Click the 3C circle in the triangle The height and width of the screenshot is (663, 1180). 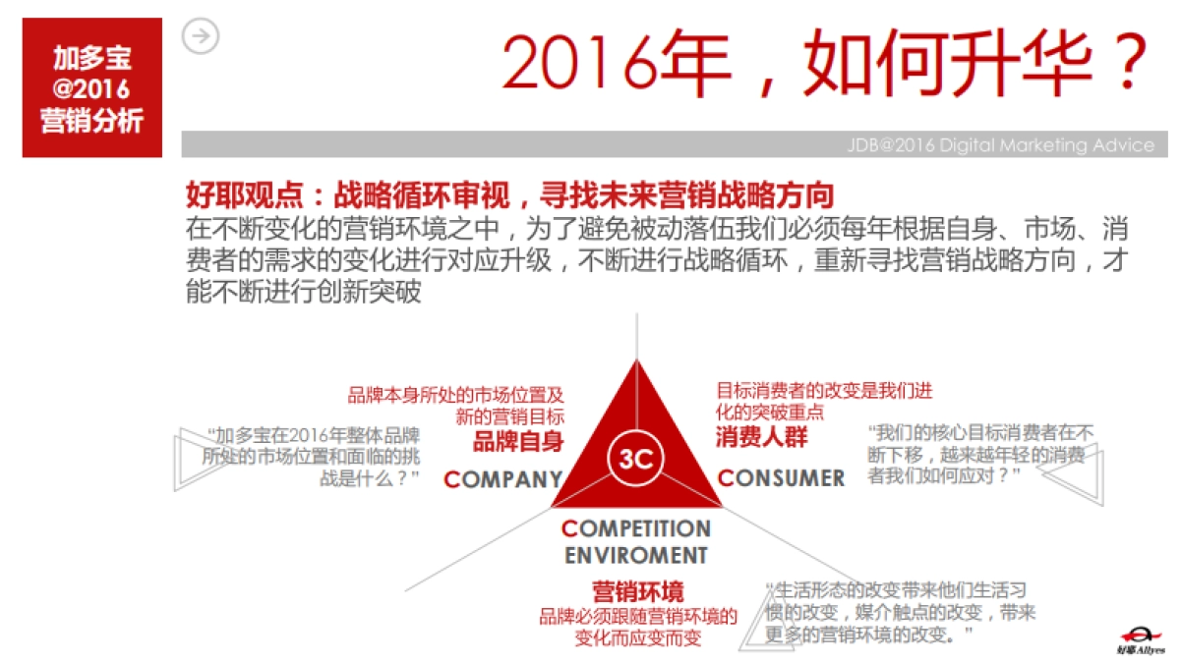[637, 457]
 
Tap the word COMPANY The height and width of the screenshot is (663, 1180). [502, 479]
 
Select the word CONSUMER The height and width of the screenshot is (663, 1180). [781, 478]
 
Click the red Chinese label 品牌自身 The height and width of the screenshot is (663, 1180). [518, 441]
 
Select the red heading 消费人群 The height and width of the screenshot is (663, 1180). [761, 437]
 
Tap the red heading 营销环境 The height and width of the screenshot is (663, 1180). [637, 592]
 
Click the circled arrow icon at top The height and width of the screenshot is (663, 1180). [201, 37]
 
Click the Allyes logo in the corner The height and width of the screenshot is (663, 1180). [1140, 638]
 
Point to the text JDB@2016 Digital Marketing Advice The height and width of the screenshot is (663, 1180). [1000, 145]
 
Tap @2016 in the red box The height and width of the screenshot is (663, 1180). [91, 88]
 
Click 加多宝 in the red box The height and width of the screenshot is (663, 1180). [91, 57]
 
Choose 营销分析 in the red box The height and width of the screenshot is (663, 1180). [91, 121]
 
